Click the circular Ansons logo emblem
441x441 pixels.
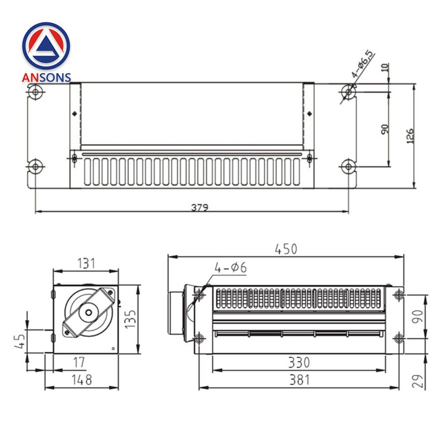point(46,45)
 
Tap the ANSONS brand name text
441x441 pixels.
point(46,78)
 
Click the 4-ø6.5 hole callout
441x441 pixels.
point(363,64)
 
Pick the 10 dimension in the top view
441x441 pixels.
point(385,67)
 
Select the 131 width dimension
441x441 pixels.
point(86,263)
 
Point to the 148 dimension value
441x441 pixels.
point(82,379)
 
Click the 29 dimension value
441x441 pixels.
point(418,380)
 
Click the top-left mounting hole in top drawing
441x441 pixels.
point(35,92)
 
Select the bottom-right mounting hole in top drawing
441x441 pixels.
point(349,167)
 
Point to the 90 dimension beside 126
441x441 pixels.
point(385,129)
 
